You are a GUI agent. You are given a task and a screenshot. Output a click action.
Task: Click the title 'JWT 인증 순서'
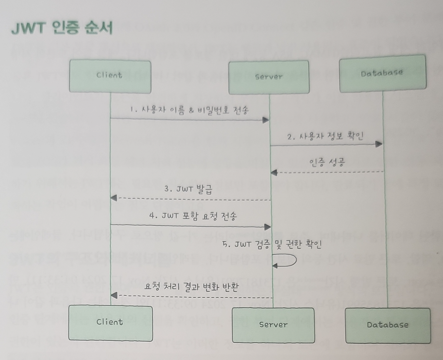(62, 28)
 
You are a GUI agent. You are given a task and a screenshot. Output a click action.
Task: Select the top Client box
(110, 76)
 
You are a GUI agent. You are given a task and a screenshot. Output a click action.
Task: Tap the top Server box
(269, 77)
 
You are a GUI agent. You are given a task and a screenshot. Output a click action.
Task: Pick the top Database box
(382, 74)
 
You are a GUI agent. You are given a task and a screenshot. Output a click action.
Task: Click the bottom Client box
(110, 323)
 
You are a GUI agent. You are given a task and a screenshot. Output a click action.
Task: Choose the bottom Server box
(273, 325)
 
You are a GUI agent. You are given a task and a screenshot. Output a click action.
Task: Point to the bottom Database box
(388, 325)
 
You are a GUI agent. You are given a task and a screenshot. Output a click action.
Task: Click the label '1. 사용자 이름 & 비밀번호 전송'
(189, 110)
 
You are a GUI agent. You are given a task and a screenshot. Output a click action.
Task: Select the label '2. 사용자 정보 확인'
(325, 136)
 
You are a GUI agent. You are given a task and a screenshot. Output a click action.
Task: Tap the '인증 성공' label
(327, 162)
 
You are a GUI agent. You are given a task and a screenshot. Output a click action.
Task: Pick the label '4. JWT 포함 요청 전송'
(193, 216)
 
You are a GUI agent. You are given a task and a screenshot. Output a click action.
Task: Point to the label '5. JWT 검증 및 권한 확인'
(272, 244)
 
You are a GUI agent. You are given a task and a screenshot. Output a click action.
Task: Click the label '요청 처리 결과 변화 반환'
(191, 287)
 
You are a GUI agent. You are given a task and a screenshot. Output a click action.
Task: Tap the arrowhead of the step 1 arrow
(266, 120)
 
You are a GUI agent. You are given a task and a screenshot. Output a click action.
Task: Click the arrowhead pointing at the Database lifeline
(379, 144)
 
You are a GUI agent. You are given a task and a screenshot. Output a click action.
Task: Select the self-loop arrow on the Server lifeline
(288, 260)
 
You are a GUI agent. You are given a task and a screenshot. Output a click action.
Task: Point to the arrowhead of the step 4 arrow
(267, 227)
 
